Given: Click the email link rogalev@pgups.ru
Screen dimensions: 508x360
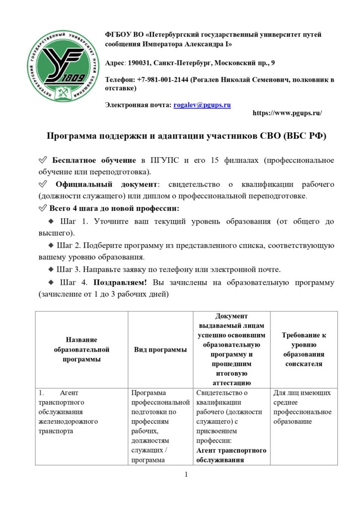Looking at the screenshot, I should [202, 105].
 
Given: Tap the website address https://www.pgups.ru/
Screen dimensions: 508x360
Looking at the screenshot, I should [287, 113].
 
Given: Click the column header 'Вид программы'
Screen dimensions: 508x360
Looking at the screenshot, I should [160, 350].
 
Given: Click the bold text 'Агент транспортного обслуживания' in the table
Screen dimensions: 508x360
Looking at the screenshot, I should [231, 455].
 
